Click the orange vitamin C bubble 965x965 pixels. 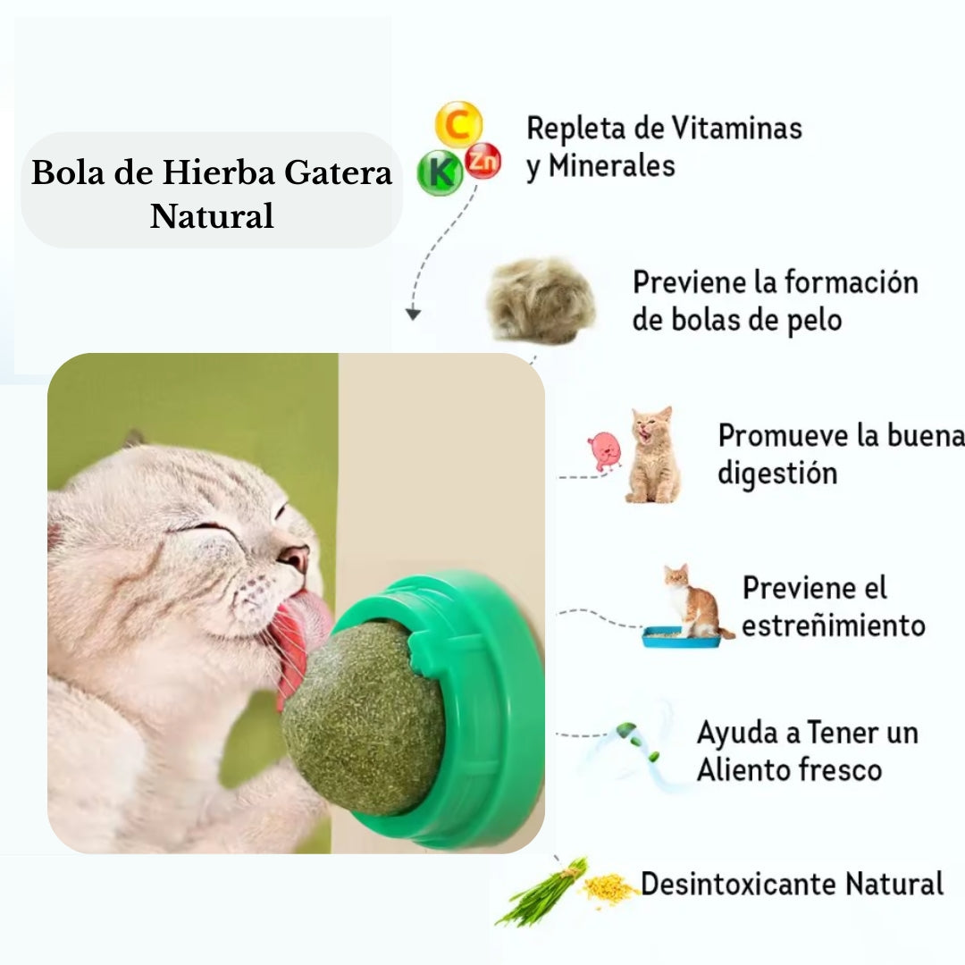(458, 124)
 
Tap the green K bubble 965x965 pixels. (440, 172)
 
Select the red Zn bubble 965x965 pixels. (483, 161)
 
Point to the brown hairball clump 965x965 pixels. (541, 300)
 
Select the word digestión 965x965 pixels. (777, 473)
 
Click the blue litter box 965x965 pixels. (681, 636)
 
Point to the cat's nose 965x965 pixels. (294, 558)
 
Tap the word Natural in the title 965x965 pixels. (212, 216)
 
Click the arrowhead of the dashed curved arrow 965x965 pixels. (412, 314)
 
